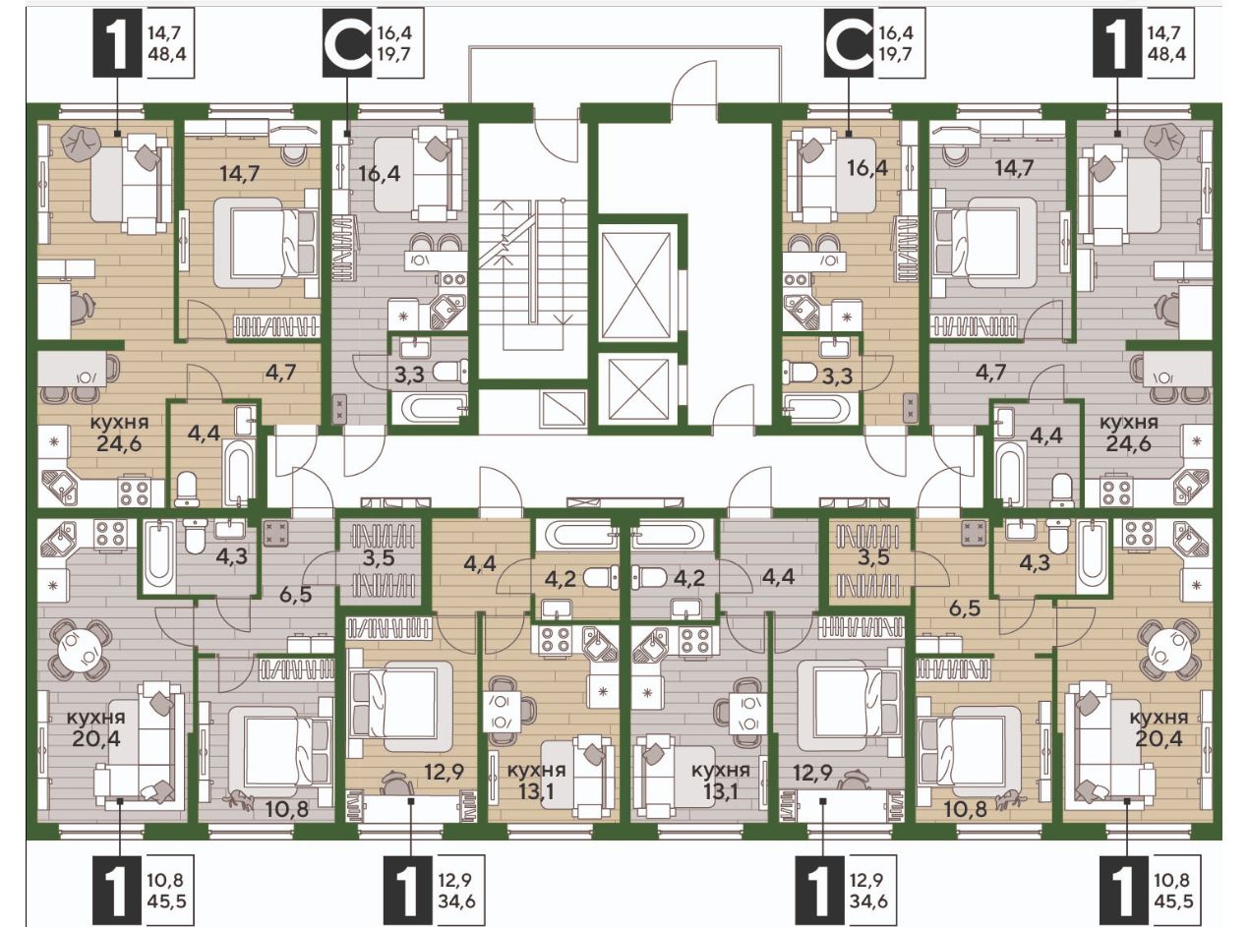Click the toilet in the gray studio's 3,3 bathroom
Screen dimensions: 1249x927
tap(450, 371)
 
